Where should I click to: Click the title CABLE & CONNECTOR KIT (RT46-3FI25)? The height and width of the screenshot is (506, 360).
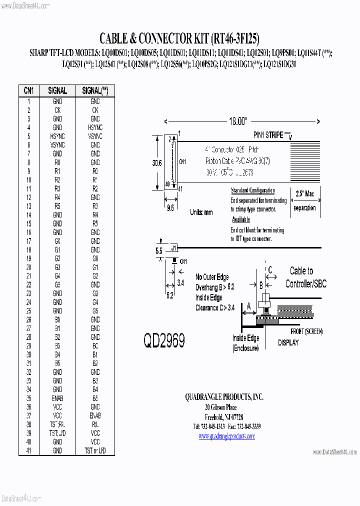point(179,38)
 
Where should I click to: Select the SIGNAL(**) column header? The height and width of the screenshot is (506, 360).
point(95,90)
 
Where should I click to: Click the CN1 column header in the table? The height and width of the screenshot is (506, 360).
point(29,90)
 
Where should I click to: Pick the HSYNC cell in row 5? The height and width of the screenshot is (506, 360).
point(57,136)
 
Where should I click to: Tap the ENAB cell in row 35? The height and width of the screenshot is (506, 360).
point(57,398)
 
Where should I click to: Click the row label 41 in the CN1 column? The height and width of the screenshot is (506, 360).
point(29,451)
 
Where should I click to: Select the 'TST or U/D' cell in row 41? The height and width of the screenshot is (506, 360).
point(95,451)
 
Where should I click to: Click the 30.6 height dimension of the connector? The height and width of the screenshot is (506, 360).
point(156,163)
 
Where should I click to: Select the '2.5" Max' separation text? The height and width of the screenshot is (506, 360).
point(305,193)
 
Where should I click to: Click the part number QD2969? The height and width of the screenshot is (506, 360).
point(164,341)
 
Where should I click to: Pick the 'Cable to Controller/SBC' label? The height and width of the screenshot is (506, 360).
point(305,277)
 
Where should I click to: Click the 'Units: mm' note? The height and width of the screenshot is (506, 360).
point(201,212)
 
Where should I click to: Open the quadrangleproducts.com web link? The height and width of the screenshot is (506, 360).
point(226,436)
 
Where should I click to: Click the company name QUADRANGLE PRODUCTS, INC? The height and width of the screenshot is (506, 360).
point(224,397)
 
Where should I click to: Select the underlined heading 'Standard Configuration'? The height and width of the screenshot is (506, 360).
point(252,190)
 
